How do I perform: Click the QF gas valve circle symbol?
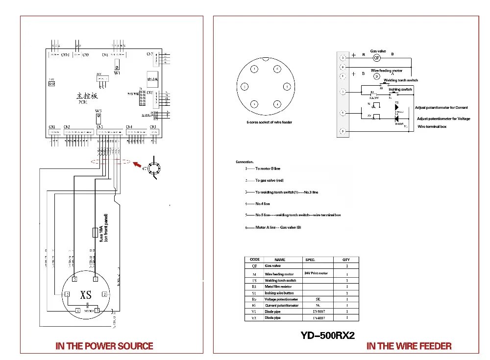click(377, 58)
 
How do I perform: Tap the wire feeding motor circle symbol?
click(376, 76)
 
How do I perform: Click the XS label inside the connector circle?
click(86, 295)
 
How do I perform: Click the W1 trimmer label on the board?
click(117, 72)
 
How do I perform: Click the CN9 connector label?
click(86, 54)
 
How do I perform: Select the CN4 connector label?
click(129, 127)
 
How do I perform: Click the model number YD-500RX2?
click(327, 336)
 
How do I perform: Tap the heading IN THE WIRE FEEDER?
click(409, 346)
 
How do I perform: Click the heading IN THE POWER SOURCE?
click(104, 346)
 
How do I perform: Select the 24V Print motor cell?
click(316, 273)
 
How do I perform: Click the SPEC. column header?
click(310, 260)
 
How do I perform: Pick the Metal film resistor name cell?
click(278, 287)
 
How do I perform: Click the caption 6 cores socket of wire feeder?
click(269, 122)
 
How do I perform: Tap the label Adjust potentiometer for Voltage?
click(443, 119)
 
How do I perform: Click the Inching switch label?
click(400, 90)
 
